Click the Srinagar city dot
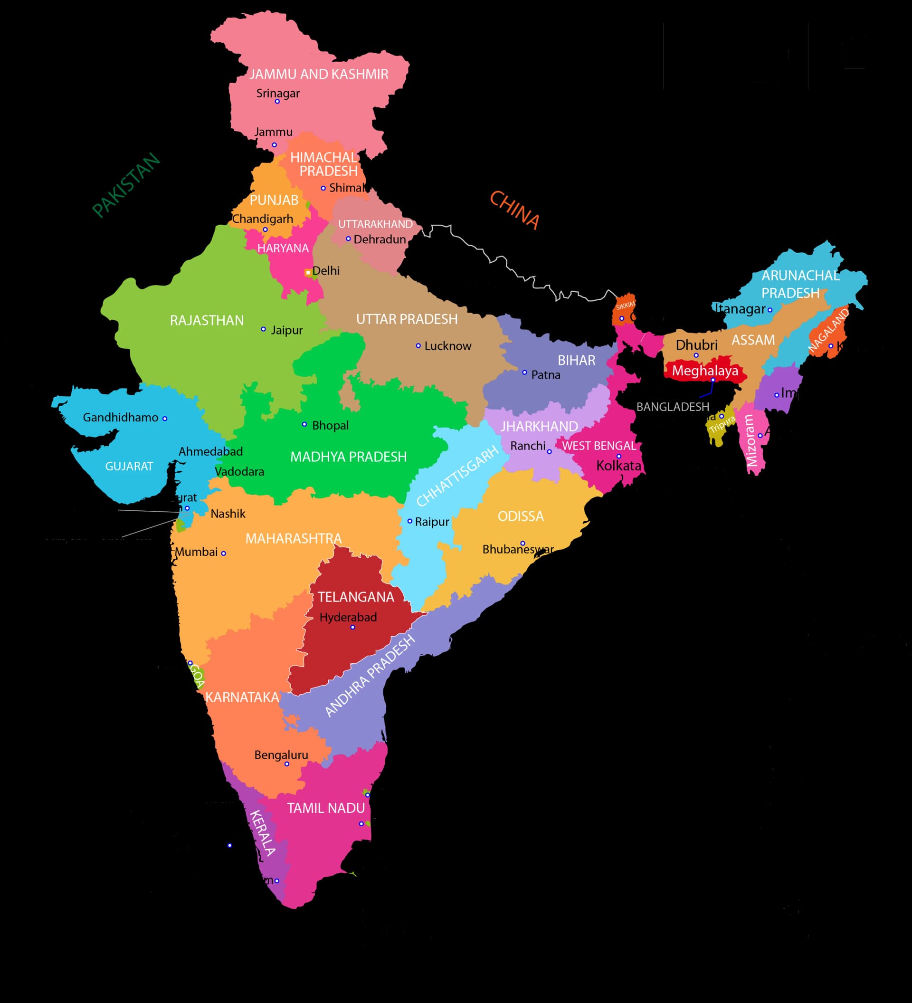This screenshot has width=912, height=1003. pos(277,102)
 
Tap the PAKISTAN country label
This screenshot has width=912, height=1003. pos(126,185)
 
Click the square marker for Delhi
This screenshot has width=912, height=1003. pos(308,273)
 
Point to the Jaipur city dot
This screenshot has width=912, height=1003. pos(264,329)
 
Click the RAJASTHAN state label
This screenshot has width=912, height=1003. pos(207,320)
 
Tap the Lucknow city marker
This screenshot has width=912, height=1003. pos(418,346)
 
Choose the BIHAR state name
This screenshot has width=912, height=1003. pos(576,360)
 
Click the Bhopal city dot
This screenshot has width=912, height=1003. pos(304,424)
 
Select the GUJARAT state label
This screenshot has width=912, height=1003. pos(129,466)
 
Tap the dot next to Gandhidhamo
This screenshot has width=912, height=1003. pos(165,419)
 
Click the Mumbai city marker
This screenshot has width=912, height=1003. pos(224,553)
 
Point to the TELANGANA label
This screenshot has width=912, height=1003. pos(356,597)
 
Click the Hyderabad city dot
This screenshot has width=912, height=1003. pos(352,627)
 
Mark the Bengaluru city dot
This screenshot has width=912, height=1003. pos(287,764)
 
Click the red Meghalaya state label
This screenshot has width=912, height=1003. pos(704,371)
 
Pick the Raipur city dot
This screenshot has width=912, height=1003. pos(410,521)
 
